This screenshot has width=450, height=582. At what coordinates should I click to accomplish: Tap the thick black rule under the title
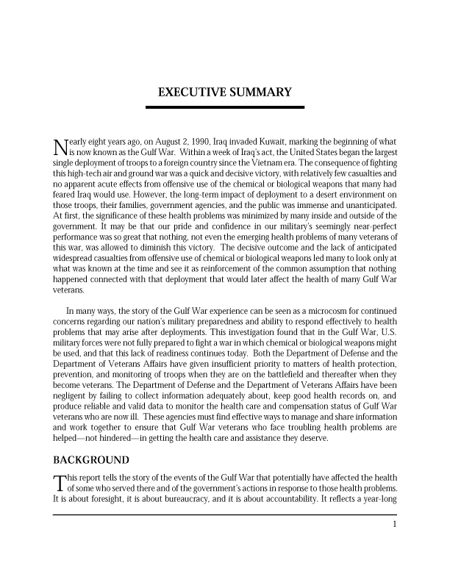click(225, 107)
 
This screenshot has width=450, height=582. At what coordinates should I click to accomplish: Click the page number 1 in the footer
click(395, 524)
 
